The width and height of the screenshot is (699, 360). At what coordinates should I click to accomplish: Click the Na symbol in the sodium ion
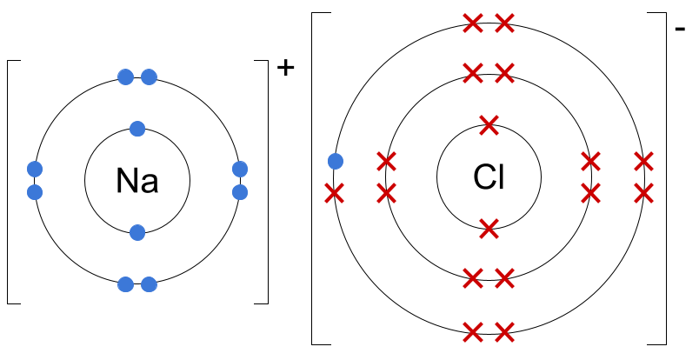[x=137, y=181]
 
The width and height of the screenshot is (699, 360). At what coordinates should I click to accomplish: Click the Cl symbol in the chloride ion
[x=489, y=177]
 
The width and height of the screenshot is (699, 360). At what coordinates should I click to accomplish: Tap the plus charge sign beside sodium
[x=286, y=68]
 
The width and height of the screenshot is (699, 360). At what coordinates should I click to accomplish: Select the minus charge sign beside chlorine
[x=680, y=30]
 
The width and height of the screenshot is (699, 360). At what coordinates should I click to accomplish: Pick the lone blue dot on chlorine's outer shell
[x=336, y=161]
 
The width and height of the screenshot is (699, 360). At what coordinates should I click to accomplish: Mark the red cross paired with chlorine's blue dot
[x=335, y=194]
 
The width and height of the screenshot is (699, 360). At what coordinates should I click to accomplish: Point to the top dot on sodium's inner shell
[x=137, y=129]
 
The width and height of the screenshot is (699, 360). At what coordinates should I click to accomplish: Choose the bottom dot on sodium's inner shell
[x=137, y=232]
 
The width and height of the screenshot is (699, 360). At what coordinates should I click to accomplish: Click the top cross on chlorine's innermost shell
[x=489, y=125]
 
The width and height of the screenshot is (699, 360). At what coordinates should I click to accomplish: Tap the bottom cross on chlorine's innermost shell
[x=489, y=229]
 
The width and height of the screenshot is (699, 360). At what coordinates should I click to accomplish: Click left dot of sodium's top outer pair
[x=126, y=77]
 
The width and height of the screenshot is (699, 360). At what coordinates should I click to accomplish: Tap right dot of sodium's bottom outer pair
[x=149, y=284]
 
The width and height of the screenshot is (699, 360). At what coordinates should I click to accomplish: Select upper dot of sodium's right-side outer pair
[x=240, y=169]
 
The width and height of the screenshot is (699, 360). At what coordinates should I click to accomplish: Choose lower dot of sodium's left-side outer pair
[x=35, y=192]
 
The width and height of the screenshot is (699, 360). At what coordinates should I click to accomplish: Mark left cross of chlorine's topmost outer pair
[x=473, y=23]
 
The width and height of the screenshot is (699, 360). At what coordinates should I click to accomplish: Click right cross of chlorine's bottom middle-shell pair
[x=504, y=278]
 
